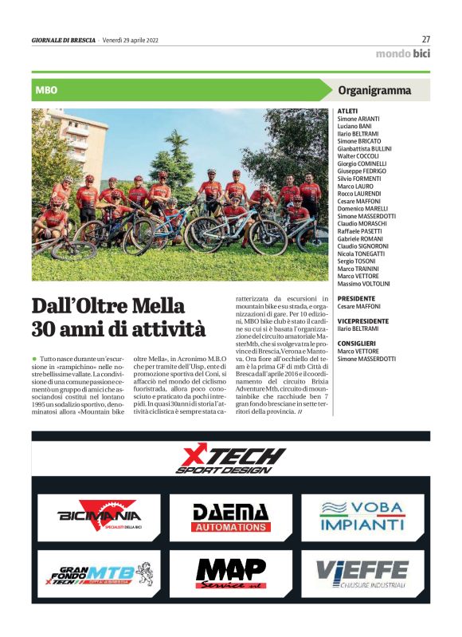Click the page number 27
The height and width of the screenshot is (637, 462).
[425, 38]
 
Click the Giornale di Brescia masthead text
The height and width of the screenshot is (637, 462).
[63, 40]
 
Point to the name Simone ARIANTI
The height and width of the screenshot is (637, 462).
[359, 118]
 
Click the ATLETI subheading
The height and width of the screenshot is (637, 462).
[348, 111]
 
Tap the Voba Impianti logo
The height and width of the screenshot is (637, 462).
[362, 517]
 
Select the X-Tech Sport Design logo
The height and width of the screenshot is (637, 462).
[230, 460]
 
